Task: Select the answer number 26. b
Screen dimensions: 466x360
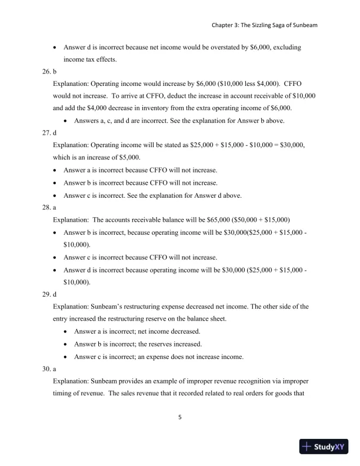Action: click(49, 72)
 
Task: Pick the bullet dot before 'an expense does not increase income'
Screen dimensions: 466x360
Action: click(65, 357)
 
